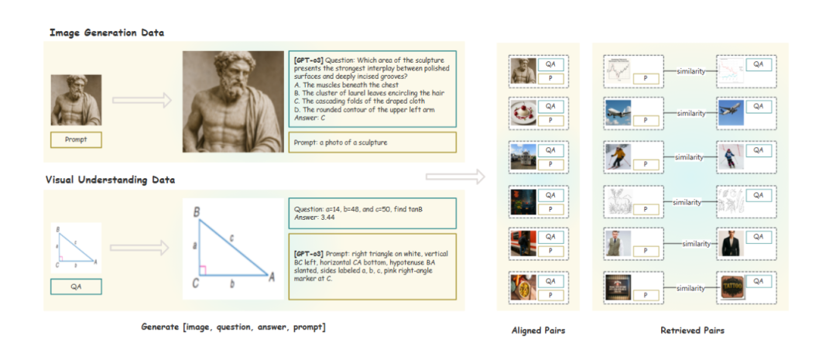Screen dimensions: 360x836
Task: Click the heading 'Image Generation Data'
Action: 107,33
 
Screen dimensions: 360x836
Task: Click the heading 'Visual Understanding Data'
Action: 110,180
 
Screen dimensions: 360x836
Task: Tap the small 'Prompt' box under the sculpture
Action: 76,140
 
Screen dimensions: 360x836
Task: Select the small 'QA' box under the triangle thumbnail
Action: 76,286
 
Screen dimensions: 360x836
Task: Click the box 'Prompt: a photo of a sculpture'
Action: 373,142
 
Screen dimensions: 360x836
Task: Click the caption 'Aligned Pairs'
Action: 538,331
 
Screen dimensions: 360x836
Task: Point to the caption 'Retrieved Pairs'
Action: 692,331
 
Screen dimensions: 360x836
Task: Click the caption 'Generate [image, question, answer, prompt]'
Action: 233,327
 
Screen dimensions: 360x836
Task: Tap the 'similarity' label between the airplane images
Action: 690,113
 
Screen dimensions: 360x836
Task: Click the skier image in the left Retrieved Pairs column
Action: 618,156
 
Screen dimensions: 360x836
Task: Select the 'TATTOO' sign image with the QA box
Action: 731,287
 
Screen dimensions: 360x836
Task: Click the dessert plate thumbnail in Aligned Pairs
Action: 521,113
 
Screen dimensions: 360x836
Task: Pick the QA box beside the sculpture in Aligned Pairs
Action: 551,64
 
